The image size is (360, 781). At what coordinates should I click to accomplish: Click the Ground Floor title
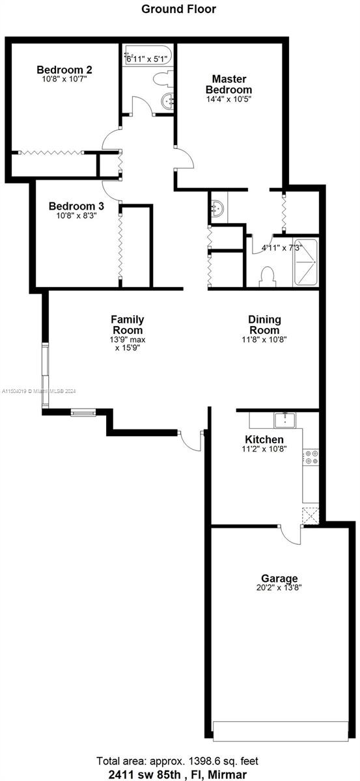click(178, 9)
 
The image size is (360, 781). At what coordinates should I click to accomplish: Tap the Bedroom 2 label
click(64, 70)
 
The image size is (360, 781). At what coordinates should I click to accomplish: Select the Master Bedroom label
click(229, 84)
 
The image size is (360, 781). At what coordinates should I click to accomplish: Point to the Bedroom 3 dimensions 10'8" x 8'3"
click(76, 215)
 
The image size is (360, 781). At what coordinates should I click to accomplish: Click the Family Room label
click(128, 325)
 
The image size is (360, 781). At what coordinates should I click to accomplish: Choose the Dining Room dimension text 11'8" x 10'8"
click(264, 339)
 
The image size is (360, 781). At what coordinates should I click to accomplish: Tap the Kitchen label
click(264, 439)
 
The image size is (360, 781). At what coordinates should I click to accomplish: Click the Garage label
click(279, 579)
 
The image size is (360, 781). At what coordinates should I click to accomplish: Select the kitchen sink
click(284, 420)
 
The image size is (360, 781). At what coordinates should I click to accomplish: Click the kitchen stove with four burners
click(311, 457)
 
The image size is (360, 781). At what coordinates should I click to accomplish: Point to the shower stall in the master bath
click(306, 262)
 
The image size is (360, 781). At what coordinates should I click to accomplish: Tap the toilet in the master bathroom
click(268, 277)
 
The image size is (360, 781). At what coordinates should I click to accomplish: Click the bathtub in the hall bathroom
click(148, 55)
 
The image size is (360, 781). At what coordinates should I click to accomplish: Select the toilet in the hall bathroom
click(163, 77)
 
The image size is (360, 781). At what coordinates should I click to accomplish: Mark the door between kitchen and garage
click(291, 534)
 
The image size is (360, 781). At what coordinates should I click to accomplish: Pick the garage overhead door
click(281, 730)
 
